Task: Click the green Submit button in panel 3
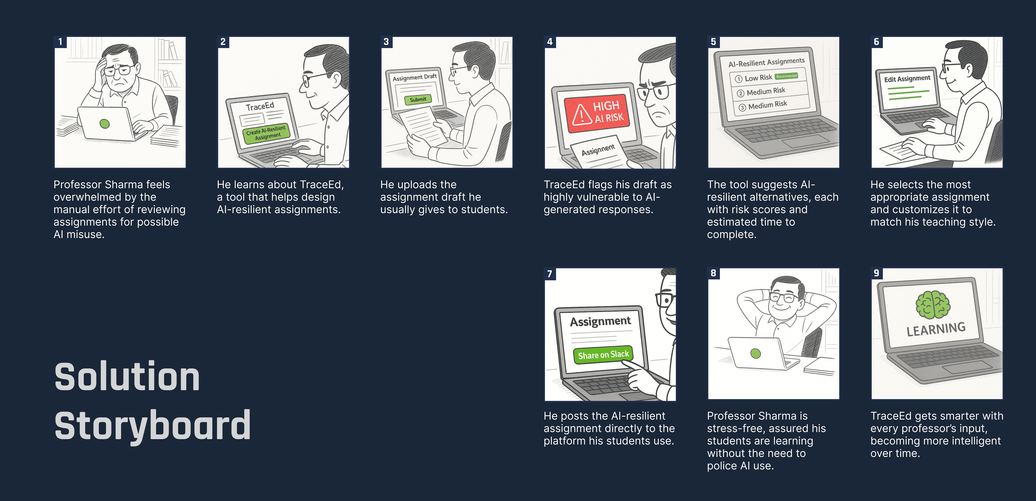coord(418,99)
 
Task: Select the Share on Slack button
coord(603,355)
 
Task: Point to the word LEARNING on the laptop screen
coord(936,329)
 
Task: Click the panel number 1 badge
coord(60,42)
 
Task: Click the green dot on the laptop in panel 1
coord(105,123)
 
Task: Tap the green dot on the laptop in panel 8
coord(756,354)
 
